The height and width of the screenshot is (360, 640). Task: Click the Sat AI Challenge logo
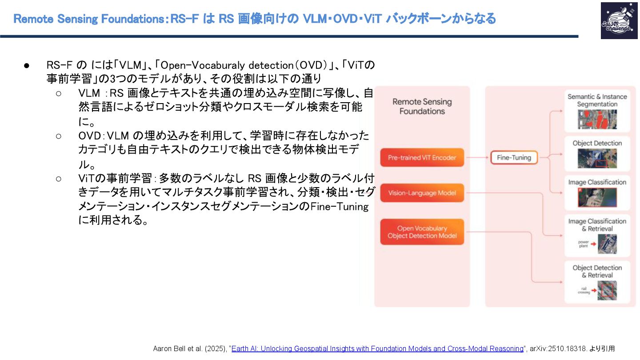coord(619,20)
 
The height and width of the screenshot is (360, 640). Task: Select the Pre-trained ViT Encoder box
coord(422,158)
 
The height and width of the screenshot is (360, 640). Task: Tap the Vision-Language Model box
coord(422,193)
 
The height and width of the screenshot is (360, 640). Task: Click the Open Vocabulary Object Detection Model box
coord(422,232)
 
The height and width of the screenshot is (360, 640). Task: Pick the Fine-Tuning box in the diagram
coord(514,158)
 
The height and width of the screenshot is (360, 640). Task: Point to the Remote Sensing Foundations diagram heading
coord(422,106)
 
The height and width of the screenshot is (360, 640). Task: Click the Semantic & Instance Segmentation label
coord(597,100)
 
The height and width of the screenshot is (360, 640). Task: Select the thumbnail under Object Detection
coord(597,159)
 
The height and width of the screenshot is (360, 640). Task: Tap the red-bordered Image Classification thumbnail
coord(597,198)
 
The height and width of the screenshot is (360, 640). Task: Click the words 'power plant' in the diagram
coord(583,244)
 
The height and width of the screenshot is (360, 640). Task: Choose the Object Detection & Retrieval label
coord(597,271)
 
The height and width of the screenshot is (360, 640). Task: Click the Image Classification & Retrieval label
coord(597,225)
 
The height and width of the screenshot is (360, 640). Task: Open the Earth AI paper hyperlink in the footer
coord(377,348)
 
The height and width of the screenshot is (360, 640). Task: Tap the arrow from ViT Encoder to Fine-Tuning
coord(477,158)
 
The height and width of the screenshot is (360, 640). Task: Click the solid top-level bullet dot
coord(27,65)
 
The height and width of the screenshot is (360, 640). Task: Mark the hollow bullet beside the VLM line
coord(59,93)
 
